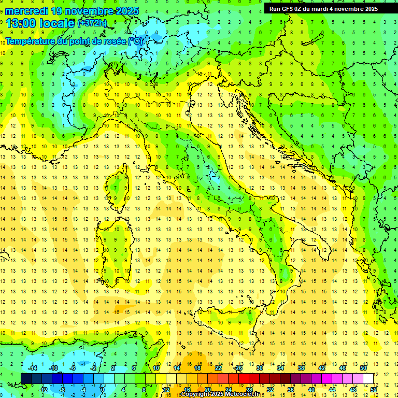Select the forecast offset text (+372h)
[93, 23]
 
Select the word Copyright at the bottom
[195, 394]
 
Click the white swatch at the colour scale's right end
[368, 378]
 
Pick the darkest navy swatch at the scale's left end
[26, 378]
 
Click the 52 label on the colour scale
[374, 389]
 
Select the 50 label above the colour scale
[363, 368]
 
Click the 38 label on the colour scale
[301, 368]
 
